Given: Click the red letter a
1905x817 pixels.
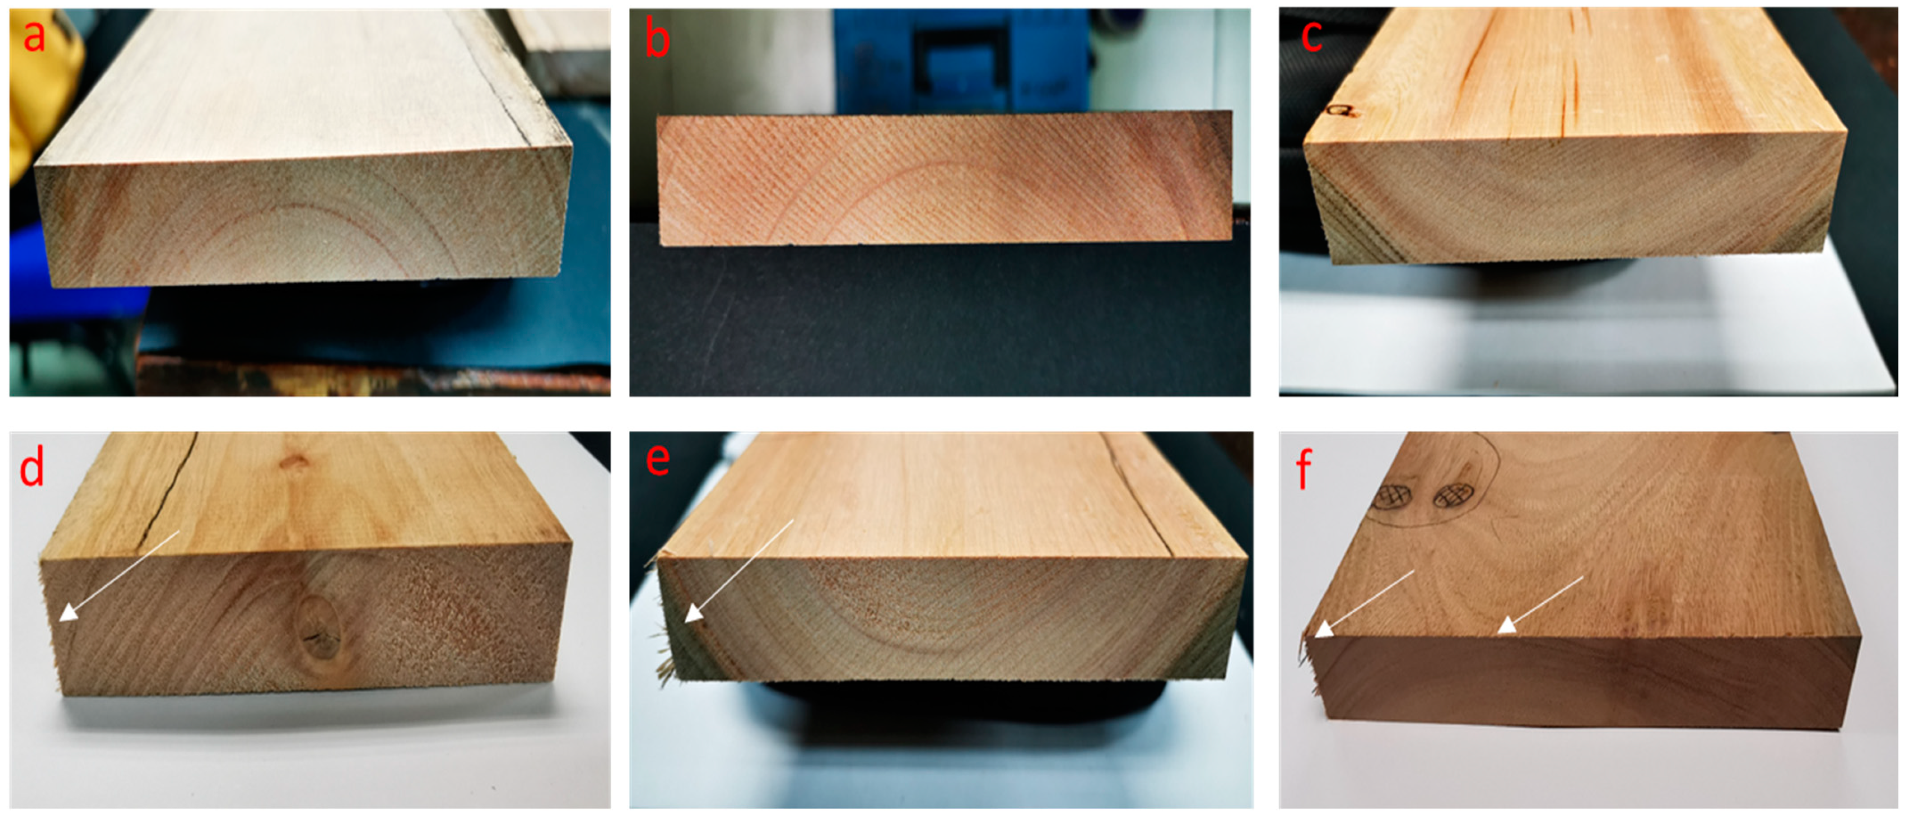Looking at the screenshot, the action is (34, 36).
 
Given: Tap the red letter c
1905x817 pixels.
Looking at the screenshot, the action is (1311, 36).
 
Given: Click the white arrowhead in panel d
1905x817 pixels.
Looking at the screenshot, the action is (68, 611).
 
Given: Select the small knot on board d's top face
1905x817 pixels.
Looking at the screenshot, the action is (295, 463).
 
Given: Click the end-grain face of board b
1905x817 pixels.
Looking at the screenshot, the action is (945, 178).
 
